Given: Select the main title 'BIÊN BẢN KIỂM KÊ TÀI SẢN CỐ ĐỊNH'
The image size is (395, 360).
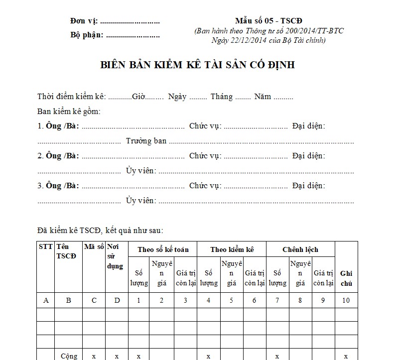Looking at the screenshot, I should (x=198, y=65).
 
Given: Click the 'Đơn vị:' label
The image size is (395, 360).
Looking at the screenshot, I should (x=84, y=21).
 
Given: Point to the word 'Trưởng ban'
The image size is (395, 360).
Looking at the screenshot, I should (x=146, y=141).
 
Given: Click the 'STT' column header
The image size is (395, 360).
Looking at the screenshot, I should (x=45, y=246).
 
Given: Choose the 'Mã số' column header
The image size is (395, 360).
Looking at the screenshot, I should (x=94, y=246).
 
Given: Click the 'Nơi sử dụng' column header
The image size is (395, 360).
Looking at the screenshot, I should (x=115, y=256).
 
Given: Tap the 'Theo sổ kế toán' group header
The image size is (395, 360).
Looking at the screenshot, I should (x=162, y=249).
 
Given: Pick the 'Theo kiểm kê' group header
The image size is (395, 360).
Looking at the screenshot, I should (x=232, y=249).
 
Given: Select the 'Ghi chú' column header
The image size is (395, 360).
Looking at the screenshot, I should (x=346, y=278).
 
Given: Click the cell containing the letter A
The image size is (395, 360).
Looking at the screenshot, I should (x=46, y=300).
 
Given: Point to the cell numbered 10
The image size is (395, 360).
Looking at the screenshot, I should (x=346, y=300).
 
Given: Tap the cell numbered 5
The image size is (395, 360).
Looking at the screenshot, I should (x=231, y=300).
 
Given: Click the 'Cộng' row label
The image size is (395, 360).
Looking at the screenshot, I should (x=69, y=357).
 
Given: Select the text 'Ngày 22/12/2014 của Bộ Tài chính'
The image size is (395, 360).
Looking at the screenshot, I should (x=268, y=40).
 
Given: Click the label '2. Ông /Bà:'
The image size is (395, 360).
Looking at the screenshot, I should (x=58, y=156).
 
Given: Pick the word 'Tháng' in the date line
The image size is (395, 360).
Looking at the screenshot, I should (x=222, y=97).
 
